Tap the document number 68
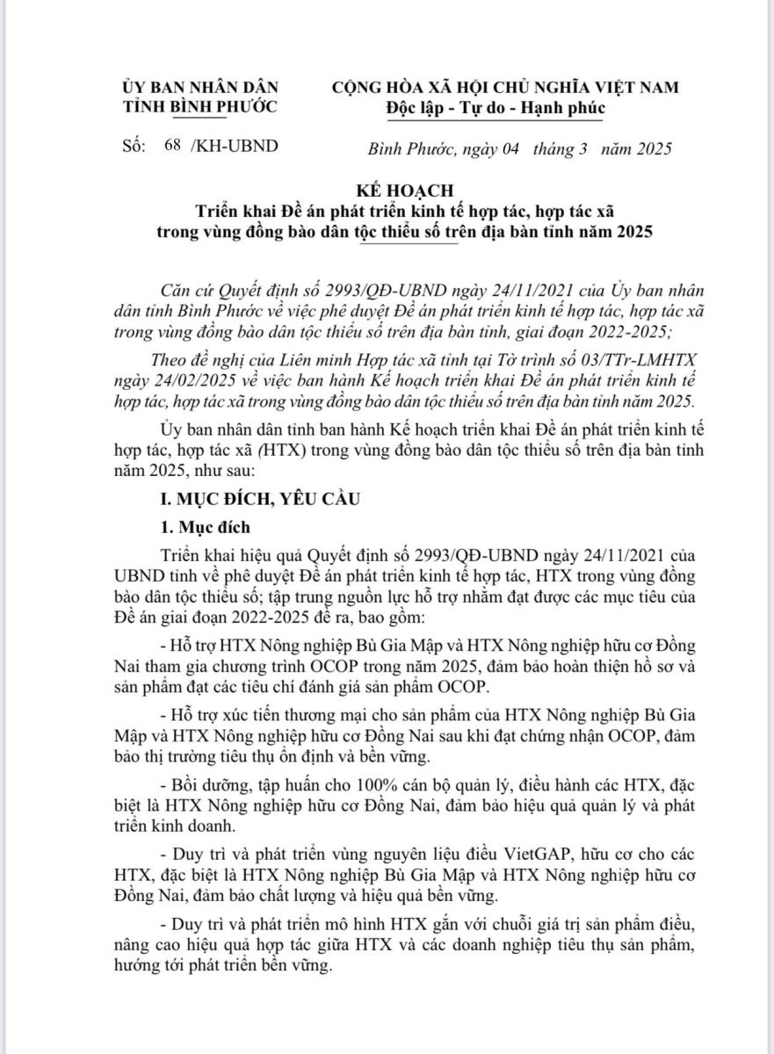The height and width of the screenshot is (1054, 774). point(171,146)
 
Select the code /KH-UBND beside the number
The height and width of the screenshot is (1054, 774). point(234,146)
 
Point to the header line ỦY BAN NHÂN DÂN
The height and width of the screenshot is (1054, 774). point(199,87)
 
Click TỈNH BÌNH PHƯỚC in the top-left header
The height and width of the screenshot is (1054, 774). point(199,107)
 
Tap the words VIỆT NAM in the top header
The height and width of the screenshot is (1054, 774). point(639,87)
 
